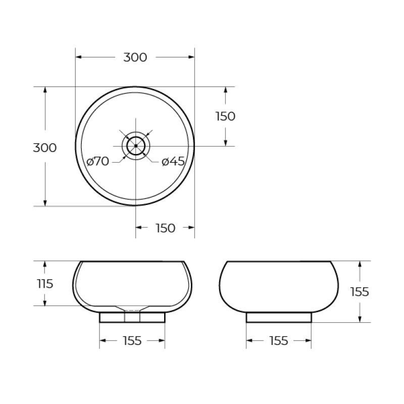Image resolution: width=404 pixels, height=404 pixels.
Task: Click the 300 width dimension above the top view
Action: point(135,58)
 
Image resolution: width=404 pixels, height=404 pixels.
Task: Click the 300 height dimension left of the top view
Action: point(44,148)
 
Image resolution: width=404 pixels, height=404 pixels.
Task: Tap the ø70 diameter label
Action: point(97,162)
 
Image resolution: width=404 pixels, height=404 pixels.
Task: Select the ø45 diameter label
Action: point(173,162)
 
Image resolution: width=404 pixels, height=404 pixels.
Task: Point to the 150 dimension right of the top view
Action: point(225,116)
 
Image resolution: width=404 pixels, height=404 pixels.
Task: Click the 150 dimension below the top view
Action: point(165,228)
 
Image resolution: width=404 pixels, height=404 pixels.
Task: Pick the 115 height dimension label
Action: point(44,284)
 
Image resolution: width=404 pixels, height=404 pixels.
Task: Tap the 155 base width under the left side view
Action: point(132,341)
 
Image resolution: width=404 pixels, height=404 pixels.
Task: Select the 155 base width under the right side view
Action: point(278,341)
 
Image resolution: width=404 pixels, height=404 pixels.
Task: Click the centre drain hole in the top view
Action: point(135,146)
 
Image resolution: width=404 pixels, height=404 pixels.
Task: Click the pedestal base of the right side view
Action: point(278,317)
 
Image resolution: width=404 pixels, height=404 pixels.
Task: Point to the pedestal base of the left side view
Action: point(132,317)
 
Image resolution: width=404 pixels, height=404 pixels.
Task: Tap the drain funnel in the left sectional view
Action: point(132,308)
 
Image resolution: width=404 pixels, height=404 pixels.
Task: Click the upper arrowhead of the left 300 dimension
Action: point(45,90)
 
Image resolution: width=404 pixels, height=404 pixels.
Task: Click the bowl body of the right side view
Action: point(278,285)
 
